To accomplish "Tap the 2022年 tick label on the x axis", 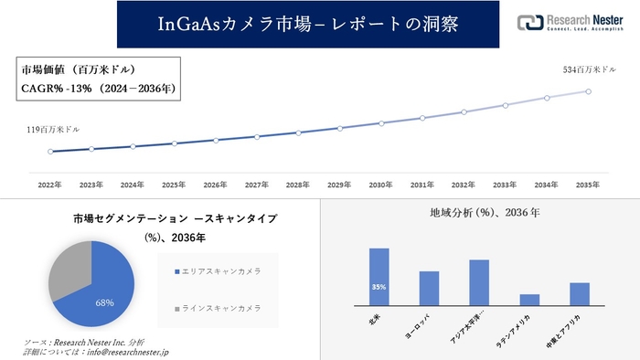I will (50, 185).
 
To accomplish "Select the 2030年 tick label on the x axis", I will (381, 185).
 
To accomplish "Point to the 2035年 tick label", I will (589, 185).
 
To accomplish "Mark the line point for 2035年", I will (589, 91).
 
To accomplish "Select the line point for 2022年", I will (50, 152).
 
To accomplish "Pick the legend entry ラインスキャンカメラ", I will (220, 307).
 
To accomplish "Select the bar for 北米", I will (379, 277).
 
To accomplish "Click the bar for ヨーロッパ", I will (429, 288).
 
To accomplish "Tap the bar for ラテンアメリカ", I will (529, 300).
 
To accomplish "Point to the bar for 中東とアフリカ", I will (580, 294).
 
